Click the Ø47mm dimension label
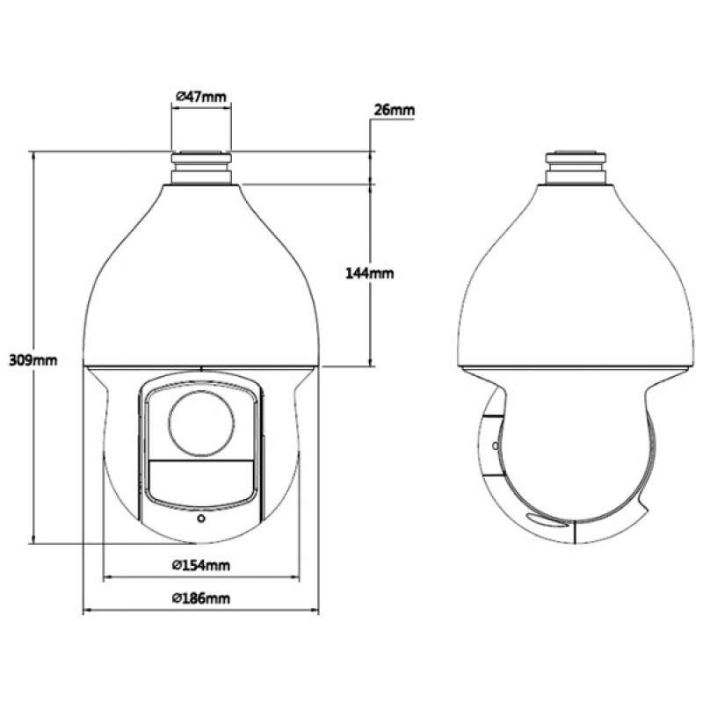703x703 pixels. point(201,97)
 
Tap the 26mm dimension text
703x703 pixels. point(394,110)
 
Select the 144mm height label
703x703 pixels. point(369,273)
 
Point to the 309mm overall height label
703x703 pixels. point(33,360)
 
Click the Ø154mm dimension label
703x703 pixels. point(201,565)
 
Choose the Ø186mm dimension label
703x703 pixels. point(201,598)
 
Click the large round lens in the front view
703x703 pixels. point(201,424)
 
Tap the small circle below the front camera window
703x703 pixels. point(201,518)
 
